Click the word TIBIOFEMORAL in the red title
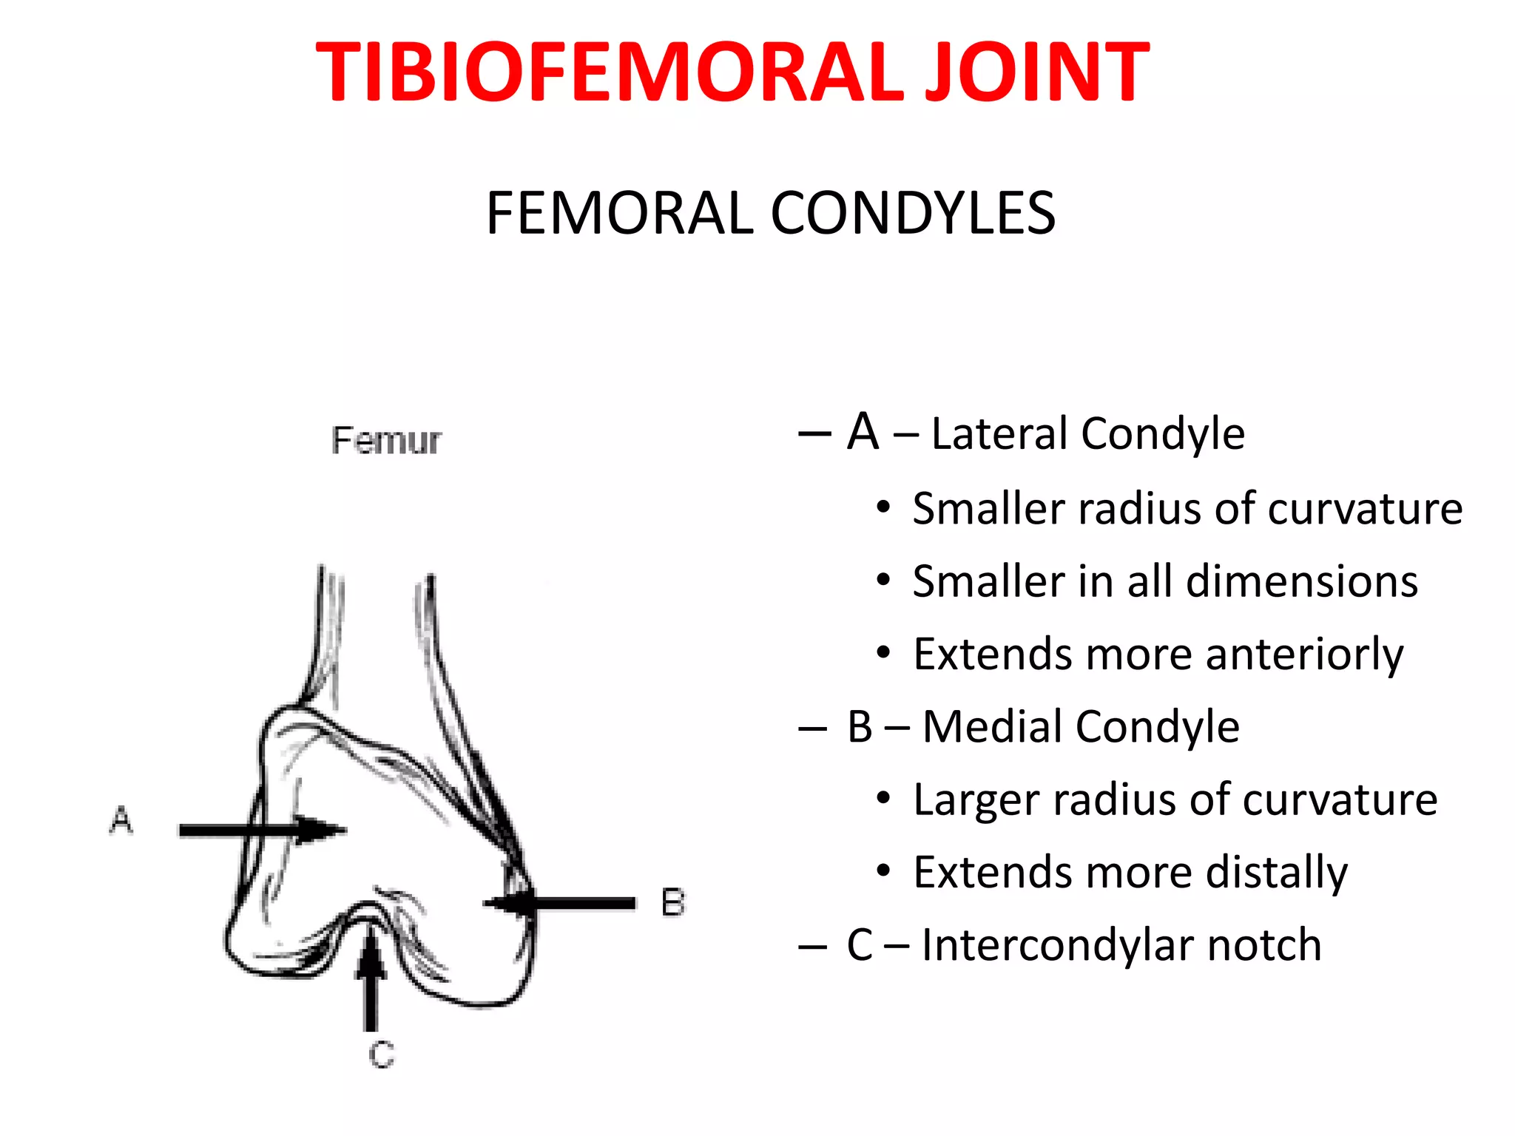(610, 72)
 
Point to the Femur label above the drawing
(385, 441)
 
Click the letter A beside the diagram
(121, 820)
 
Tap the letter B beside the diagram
(672, 903)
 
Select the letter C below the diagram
(382, 1054)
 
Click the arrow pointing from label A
(263, 830)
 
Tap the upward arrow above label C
(371, 976)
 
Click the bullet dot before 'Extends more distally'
(883, 871)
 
